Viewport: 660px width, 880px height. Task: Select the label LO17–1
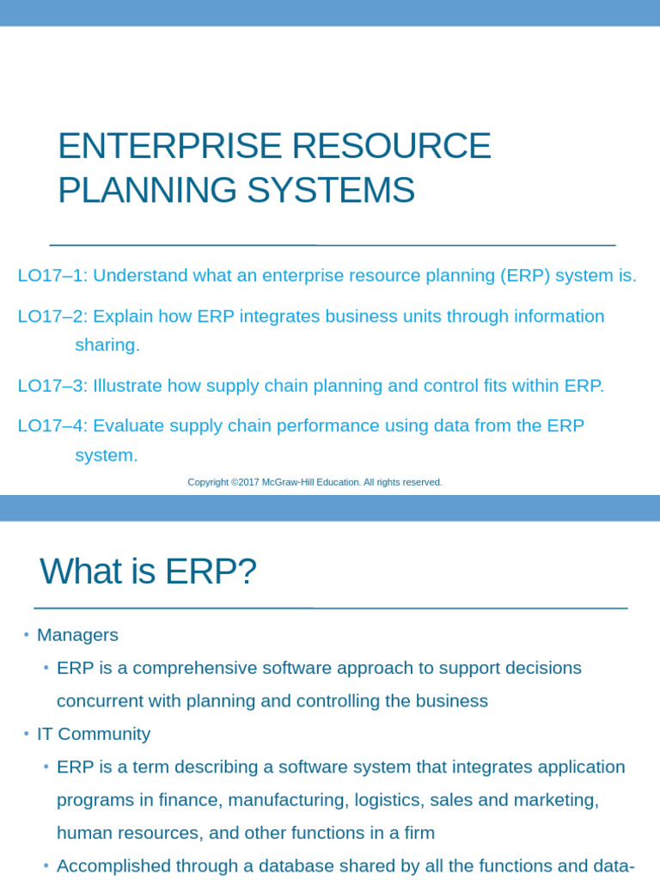click(52, 276)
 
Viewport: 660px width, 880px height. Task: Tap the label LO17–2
click(52, 316)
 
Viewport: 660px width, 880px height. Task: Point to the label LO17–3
click(52, 386)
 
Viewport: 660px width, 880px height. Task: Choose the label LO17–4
click(52, 426)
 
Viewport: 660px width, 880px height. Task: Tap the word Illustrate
click(127, 386)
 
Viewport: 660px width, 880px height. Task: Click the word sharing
click(107, 345)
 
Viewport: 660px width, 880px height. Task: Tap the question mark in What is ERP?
click(249, 572)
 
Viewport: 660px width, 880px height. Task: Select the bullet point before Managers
click(27, 634)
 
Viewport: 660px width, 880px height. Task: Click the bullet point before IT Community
click(27, 733)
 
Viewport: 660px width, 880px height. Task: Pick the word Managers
click(77, 635)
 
